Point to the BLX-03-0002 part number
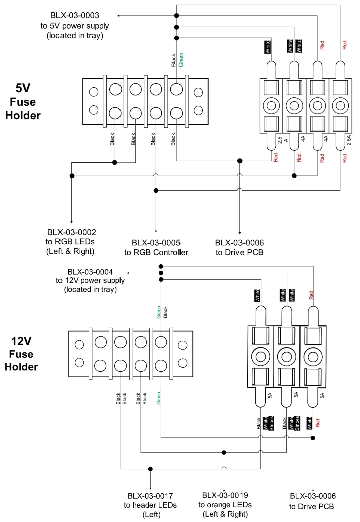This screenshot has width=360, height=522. (x=72, y=232)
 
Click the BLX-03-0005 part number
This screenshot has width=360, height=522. (x=156, y=242)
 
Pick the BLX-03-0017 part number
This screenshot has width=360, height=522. (x=149, y=496)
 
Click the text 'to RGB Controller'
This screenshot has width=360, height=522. (x=156, y=252)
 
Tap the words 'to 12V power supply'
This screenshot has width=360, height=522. (x=91, y=281)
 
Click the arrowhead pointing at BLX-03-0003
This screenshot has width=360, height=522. (x=122, y=16)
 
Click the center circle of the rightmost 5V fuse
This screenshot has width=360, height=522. (x=341, y=106)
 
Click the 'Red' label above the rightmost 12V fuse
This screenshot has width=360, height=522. (x=311, y=295)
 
